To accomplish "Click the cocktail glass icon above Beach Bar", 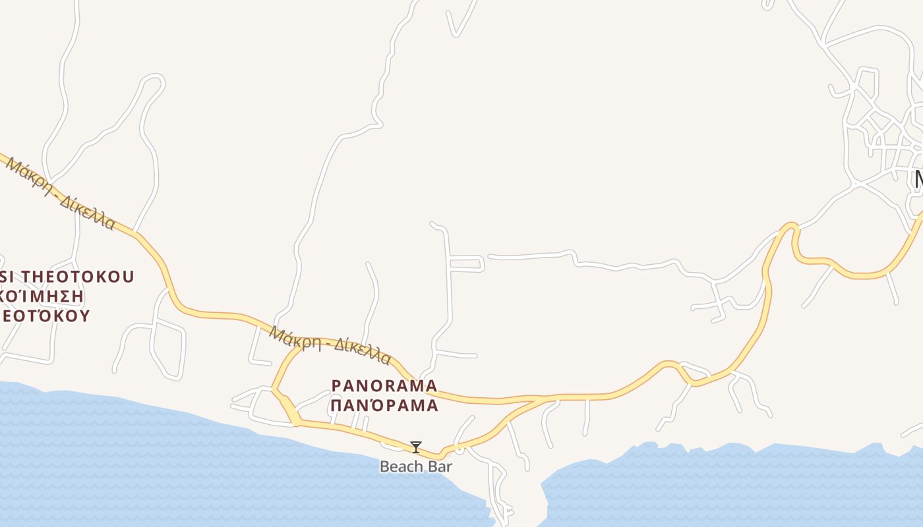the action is pos(415,447).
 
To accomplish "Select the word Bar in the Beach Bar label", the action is pos(440,466).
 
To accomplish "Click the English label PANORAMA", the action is pos(384,385).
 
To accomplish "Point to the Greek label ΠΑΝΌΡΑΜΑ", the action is pos(384,405).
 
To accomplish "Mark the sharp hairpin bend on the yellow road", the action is pos(790,227).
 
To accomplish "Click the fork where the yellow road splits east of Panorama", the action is pos(545,399).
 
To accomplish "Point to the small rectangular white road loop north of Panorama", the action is pos(466,263).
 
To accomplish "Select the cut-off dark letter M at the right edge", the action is pos(917,179).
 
